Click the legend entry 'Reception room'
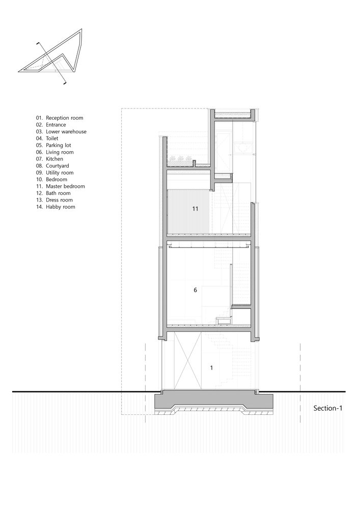(60, 118)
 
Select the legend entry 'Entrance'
(51, 125)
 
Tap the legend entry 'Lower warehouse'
(61, 131)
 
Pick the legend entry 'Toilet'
(47, 138)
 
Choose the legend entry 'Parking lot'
(53, 145)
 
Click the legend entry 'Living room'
(54, 152)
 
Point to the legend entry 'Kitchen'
(49, 159)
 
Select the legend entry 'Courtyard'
(52, 166)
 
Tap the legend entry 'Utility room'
(54, 173)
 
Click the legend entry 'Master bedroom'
(61, 186)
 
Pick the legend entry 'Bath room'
(53, 193)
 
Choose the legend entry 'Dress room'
(54, 200)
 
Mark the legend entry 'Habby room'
(56, 207)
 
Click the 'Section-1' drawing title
(328, 408)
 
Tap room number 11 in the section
(195, 209)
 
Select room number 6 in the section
(195, 290)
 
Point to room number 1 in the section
(212, 368)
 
